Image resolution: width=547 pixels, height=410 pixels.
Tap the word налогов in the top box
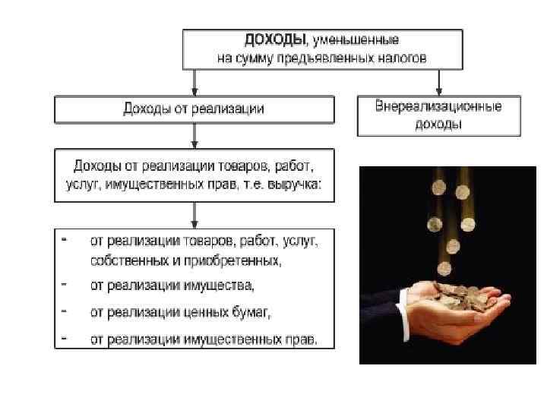400,57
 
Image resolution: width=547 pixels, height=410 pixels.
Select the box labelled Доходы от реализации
194,109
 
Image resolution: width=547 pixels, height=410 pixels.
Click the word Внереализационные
438,106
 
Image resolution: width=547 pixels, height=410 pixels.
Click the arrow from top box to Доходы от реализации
194,82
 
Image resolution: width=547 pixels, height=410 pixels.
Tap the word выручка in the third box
297,187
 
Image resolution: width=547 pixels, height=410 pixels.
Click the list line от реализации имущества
172,287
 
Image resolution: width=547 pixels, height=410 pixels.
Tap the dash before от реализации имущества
64,286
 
